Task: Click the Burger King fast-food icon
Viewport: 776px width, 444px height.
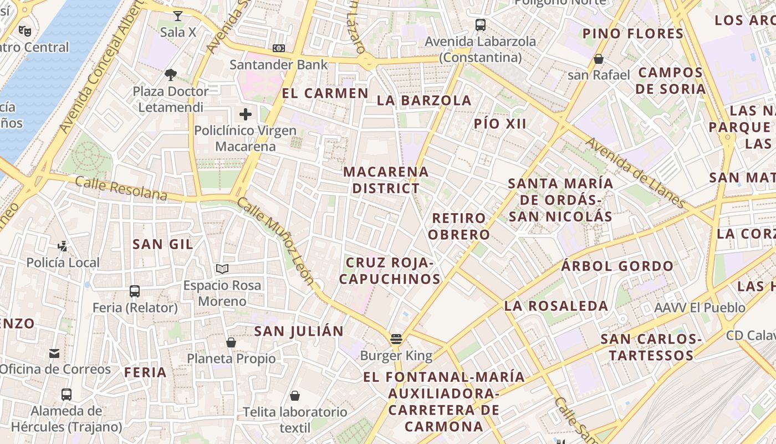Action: (396, 339)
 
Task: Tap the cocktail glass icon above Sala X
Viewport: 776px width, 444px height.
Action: (178, 16)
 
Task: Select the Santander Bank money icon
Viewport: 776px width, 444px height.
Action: (279, 48)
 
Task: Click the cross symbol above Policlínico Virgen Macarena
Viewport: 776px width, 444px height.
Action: (246, 114)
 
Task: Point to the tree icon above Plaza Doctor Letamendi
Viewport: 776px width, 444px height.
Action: (171, 74)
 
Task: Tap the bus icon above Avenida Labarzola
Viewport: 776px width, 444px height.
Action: (481, 24)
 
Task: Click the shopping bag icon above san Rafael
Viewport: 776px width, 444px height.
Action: (599, 58)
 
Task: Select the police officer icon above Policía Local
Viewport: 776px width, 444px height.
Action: (63, 246)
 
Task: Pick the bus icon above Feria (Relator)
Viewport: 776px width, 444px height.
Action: (135, 291)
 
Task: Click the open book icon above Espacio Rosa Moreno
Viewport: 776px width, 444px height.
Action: (222, 269)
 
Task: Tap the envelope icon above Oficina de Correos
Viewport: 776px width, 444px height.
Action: (54, 353)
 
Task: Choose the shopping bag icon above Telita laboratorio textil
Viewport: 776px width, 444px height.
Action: (295, 396)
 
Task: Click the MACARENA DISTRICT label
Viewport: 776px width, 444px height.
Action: (386, 180)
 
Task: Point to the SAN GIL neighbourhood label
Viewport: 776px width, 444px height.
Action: (163, 244)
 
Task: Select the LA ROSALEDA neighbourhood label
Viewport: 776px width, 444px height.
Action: (556, 306)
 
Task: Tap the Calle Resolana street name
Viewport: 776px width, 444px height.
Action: (121, 188)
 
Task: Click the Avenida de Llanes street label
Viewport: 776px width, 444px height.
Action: (635, 172)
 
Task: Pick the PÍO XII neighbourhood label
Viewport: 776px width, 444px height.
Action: (500, 124)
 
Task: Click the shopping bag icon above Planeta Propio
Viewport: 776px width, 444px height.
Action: (231, 342)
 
